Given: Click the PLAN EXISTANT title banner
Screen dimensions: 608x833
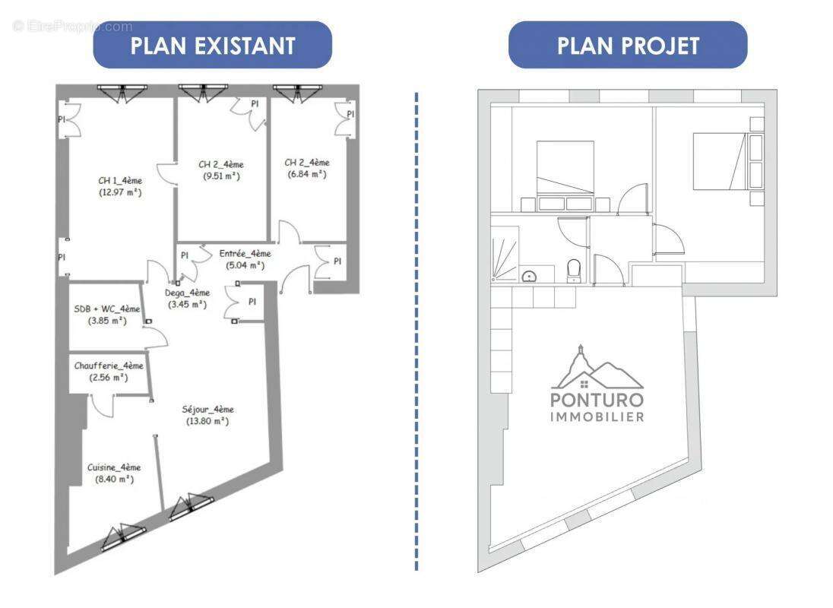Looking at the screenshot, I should (x=212, y=45).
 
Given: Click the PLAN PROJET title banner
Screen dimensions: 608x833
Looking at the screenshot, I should (x=627, y=45).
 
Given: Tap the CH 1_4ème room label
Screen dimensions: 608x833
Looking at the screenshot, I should (x=120, y=181).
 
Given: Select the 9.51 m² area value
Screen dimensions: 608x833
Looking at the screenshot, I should (x=220, y=176).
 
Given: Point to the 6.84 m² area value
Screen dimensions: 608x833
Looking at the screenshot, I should (x=306, y=174).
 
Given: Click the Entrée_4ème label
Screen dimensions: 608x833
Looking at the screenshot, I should (x=245, y=254).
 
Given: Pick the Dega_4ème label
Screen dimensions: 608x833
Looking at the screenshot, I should (x=187, y=293).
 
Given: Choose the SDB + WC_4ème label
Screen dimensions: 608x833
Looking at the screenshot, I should (x=107, y=309).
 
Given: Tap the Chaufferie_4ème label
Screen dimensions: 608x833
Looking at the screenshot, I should (x=109, y=366).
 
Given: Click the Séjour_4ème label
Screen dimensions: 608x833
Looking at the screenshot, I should (x=207, y=410).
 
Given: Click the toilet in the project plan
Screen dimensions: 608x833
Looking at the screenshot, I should (x=575, y=271).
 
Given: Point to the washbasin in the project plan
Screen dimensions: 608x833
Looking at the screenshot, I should (x=529, y=275).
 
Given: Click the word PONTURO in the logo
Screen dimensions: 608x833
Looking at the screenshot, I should (x=597, y=400).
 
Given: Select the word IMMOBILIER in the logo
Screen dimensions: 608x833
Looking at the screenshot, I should (x=597, y=416).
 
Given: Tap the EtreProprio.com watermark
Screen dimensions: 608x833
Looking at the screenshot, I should (x=72, y=27).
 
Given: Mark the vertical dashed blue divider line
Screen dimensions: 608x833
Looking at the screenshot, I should (x=416, y=331).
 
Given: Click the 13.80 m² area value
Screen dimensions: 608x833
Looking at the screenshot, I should (x=207, y=421).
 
